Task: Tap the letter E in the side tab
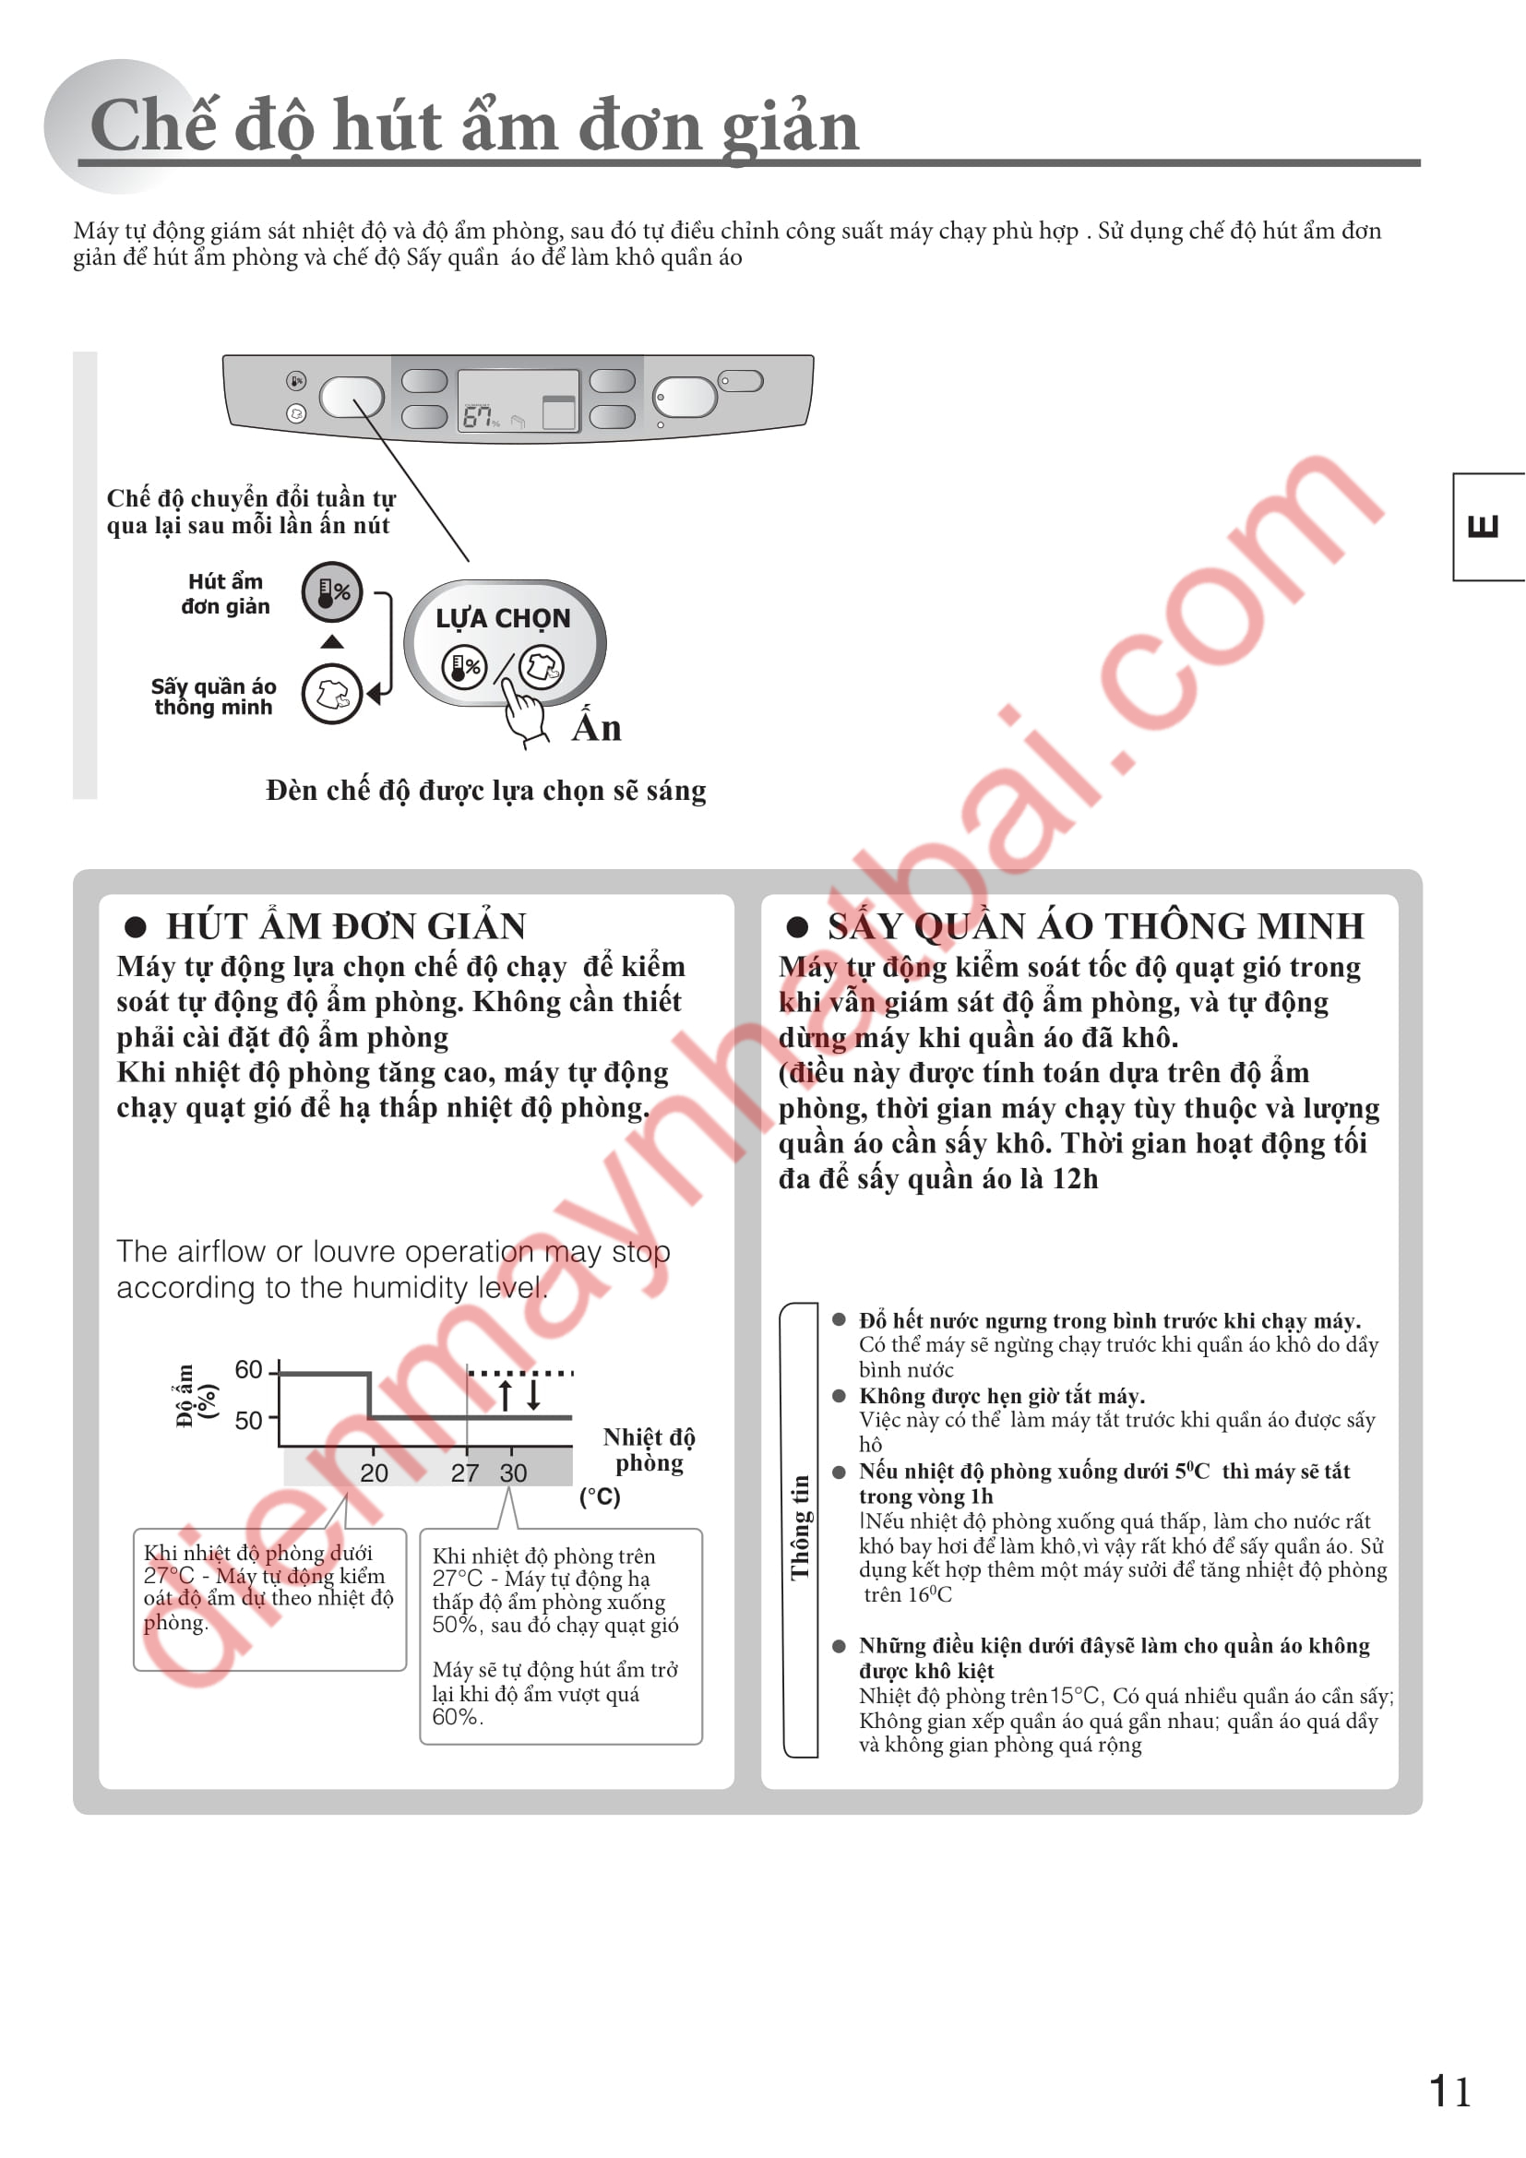coord(1483,526)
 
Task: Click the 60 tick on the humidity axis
coord(249,1369)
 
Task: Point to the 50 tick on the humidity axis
coord(249,1420)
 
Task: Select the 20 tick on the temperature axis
coord(374,1472)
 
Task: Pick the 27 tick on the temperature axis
coord(464,1472)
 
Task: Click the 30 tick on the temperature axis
coord(513,1472)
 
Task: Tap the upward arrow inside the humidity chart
coord(506,1396)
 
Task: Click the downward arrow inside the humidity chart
coord(533,1395)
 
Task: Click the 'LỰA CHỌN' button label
coord(503,618)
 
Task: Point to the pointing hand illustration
coord(524,712)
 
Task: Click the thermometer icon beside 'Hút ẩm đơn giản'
coord(332,592)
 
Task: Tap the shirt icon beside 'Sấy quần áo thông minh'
coord(332,694)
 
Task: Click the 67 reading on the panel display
coord(477,416)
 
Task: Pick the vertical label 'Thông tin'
coord(800,1527)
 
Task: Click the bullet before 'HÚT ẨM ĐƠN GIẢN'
coord(137,927)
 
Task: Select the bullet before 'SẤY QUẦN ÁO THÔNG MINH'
coord(798,927)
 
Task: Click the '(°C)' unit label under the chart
coord(600,1496)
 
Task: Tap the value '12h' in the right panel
coord(1075,1178)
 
